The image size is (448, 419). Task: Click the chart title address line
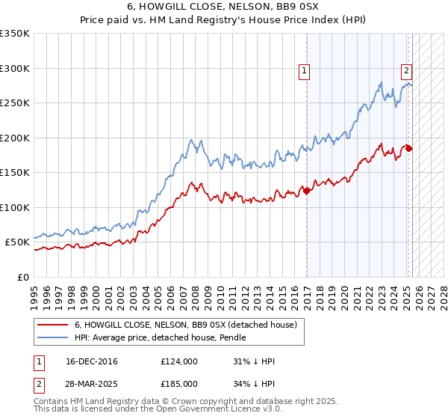click(x=224, y=7)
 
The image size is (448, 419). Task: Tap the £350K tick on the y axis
click(x=15, y=34)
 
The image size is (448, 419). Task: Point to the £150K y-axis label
click(x=15, y=173)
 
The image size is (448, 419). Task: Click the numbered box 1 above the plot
click(x=305, y=71)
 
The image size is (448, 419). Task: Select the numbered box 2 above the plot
click(x=406, y=71)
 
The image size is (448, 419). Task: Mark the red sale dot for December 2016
click(x=306, y=191)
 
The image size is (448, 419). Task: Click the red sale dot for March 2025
click(x=408, y=149)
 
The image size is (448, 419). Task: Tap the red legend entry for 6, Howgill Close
click(x=186, y=325)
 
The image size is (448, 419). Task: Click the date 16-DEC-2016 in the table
click(x=92, y=361)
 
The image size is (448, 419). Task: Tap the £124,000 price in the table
click(x=179, y=361)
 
